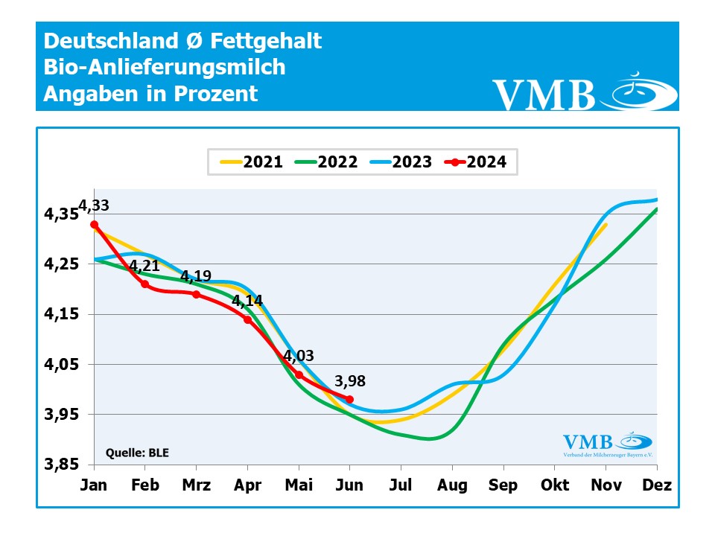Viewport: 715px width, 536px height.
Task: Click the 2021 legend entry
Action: click(x=251, y=162)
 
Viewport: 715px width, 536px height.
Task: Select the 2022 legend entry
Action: click(x=325, y=162)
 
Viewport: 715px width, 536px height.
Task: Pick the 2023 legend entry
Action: click(x=400, y=162)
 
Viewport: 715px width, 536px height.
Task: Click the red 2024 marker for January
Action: click(x=94, y=224)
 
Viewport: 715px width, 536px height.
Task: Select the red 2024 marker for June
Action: click(x=350, y=400)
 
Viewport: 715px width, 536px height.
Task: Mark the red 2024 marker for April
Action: click(x=247, y=319)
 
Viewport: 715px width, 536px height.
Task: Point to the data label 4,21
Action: click(x=144, y=267)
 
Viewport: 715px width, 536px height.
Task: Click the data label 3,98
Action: click(x=350, y=381)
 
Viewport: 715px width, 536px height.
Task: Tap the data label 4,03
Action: click(x=299, y=356)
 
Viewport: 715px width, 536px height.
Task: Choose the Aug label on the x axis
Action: click(x=452, y=485)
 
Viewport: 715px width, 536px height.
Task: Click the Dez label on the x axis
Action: click(x=657, y=485)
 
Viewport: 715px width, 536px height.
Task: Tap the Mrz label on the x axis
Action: click(x=196, y=485)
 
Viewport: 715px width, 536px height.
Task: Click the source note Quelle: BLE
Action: click(x=138, y=451)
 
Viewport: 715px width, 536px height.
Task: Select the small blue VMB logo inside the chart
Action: click(x=607, y=444)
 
